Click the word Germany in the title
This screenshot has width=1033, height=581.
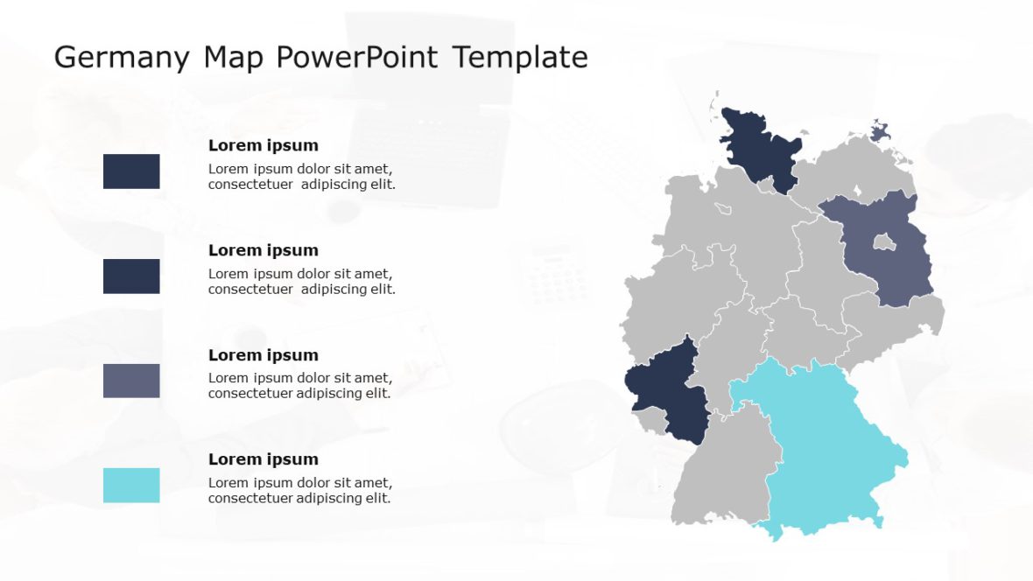pyautogui.click(x=122, y=58)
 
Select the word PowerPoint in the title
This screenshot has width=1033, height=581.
pyautogui.click(x=357, y=58)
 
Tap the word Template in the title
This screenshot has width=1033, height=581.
pyautogui.click(x=520, y=58)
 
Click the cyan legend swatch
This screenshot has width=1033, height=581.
pyautogui.click(x=131, y=486)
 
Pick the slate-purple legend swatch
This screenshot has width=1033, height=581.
pyautogui.click(x=131, y=381)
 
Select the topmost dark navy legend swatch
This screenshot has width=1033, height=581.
pyautogui.click(x=131, y=171)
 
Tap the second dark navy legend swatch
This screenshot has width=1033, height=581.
pyautogui.click(x=131, y=276)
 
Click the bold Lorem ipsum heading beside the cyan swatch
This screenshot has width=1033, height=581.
pyautogui.click(x=263, y=459)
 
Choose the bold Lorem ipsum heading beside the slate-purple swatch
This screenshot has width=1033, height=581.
pyautogui.click(x=263, y=355)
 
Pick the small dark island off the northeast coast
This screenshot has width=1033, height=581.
pyautogui.click(x=881, y=131)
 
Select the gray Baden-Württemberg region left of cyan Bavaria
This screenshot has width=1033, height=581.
pyautogui.click(x=722, y=472)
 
